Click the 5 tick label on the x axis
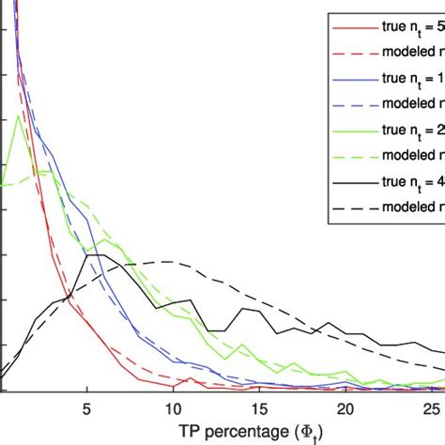click(86, 409)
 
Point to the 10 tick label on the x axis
click(172, 409)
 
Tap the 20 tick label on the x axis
click(345, 409)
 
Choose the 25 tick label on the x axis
click(430, 409)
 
